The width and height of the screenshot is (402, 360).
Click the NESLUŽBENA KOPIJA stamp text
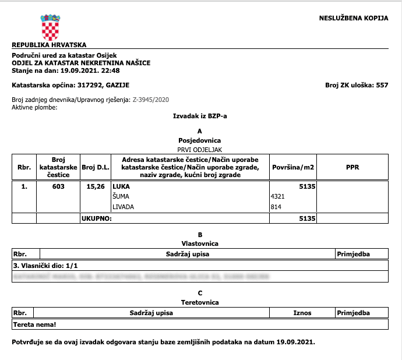[353, 18]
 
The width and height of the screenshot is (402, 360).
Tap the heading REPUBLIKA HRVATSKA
[49, 44]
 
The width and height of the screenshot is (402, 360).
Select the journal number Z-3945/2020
[151, 100]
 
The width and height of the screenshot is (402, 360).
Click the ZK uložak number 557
[382, 85]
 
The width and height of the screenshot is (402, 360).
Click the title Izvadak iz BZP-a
[200, 117]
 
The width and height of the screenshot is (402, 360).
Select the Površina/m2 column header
[293, 168]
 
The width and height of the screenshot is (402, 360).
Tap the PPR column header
[352, 168]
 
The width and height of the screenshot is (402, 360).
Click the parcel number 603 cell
[58, 187]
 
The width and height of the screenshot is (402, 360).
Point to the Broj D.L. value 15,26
[94, 187]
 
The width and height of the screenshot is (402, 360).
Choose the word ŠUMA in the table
[121, 197]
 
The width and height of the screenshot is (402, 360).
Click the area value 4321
[277, 197]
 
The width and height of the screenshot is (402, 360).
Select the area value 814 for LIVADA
[276, 207]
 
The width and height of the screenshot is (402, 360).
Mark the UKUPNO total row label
[96, 218]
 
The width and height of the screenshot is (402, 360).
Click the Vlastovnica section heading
[200, 243]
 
